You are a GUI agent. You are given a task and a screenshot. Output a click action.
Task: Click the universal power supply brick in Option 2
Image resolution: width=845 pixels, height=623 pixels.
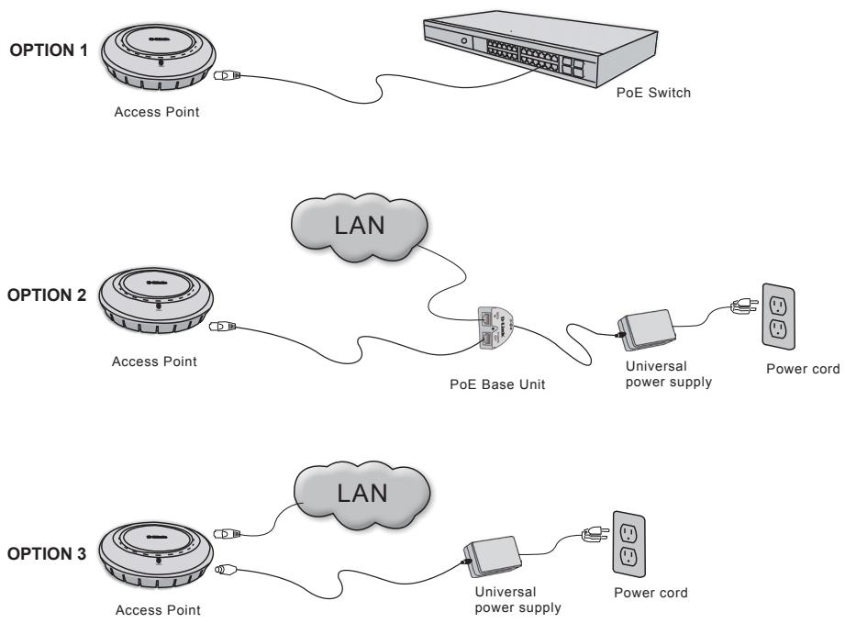click(x=644, y=326)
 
